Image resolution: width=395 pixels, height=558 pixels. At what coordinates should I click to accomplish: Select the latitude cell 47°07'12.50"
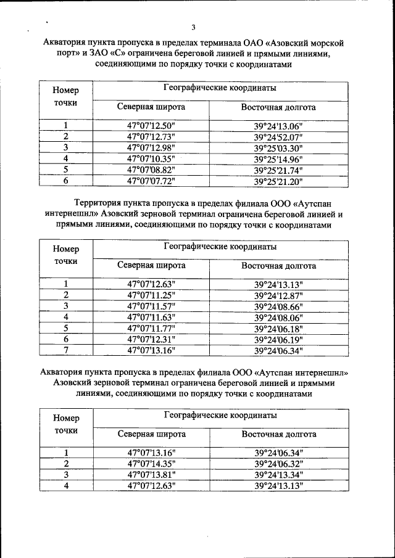[151, 126]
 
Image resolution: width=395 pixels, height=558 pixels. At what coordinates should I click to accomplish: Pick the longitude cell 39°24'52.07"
[278, 137]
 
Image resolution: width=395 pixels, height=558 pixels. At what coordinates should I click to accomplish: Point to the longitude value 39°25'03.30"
[278, 148]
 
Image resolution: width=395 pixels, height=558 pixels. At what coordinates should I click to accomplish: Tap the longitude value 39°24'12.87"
[278, 295]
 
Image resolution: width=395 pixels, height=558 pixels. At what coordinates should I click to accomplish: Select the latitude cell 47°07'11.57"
[151, 306]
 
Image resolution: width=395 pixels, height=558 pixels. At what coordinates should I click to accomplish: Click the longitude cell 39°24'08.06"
[278, 318]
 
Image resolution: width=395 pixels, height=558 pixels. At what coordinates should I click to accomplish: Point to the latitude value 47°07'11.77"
[151, 329]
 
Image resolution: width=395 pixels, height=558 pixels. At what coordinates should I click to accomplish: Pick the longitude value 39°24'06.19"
[278, 340]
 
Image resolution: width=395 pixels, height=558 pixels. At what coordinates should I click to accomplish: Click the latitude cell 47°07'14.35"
[151, 464]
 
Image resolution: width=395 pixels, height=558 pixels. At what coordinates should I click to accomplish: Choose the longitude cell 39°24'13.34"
[278, 475]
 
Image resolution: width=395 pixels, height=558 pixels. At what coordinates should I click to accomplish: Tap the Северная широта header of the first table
[151, 107]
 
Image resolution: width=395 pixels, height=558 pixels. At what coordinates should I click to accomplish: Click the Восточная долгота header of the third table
[278, 434]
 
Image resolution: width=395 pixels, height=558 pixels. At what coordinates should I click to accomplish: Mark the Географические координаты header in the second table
[220, 247]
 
